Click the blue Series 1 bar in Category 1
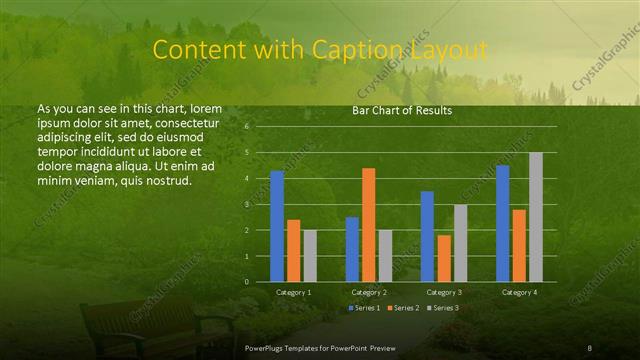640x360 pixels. point(277,226)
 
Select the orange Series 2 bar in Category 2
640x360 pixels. point(369,225)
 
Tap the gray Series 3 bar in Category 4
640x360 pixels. point(536,217)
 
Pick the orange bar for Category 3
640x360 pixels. point(444,258)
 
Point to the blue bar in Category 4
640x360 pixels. point(502,223)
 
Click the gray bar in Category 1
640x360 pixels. point(310,256)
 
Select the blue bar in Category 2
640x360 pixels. point(352,249)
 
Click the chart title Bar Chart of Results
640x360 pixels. point(402,110)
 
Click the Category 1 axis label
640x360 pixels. point(293,292)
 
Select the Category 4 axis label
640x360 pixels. point(518,292)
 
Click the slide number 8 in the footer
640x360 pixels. point(590,346)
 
